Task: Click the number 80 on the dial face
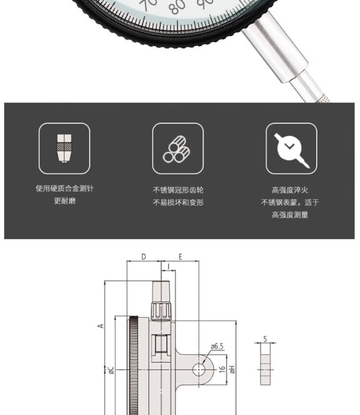pos(178,7)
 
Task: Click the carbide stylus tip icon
pos(64,148)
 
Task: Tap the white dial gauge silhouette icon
pos(291,149)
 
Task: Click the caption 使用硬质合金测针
pos(65,188)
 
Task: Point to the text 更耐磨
pos(65,201)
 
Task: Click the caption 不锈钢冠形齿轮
pos(178,190)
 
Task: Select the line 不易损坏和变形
pos(178,203)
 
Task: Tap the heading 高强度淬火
pos(290,190)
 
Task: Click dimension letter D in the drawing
pos(144,256)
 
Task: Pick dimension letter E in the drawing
pos(180,256)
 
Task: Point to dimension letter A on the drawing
pos(100,326)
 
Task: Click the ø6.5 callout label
pos(217,346)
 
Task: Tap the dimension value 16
pos(222,369)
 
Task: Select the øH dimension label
pos(232,369)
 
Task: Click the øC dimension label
pos(111,370)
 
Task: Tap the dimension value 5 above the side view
pos(265,339)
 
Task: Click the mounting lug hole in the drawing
pos(199,369)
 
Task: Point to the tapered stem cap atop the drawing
pos(161,292)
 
